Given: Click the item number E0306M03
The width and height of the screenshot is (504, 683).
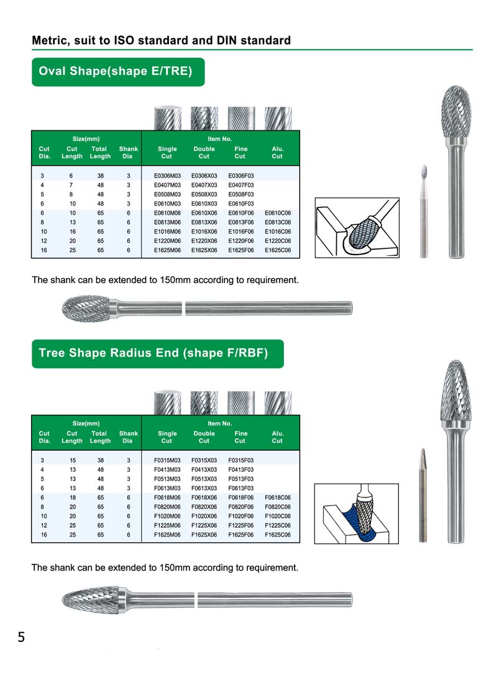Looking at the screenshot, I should [x=167, y=176].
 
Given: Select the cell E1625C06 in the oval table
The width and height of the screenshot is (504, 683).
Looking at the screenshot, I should [x=278, y=250].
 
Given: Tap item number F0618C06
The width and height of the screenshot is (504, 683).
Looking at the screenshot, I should [x=278, y=497].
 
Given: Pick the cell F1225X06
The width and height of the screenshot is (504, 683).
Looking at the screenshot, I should [x=204, y=525].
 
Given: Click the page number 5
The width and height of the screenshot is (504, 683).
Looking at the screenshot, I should [x=21, y=637].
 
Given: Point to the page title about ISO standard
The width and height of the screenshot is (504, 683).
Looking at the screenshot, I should [x=162, y=41].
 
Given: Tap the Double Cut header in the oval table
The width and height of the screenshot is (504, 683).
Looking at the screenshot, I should [x=204, y=153].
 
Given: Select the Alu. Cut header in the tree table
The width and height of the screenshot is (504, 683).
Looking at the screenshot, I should [x=277, y=437].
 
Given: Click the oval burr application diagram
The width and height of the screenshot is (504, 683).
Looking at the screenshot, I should [x=356, y=227].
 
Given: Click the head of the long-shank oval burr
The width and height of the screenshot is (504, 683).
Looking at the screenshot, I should [x=86, y=306].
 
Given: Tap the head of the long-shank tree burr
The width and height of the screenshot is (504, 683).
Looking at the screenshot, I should [x=89, y=599].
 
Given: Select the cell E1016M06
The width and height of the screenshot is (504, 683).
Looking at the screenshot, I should [x=167, y=231].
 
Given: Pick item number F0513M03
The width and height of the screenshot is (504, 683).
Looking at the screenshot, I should [x=167, y=479].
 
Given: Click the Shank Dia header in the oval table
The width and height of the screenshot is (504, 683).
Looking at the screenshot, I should [x=128, y=153].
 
